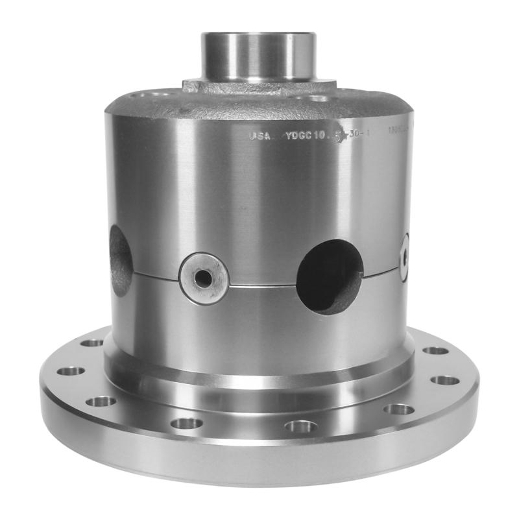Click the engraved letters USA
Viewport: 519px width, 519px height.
pos(258,136)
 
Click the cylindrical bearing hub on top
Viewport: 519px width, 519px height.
pos(258,55)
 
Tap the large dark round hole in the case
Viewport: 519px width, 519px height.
pos(330,276)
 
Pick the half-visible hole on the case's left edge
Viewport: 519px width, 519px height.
pos(121,259)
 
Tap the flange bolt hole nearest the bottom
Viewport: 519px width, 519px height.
pos(301,426)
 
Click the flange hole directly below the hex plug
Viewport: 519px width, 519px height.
pos(187,423)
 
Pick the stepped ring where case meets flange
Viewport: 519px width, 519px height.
pos(259,383)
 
